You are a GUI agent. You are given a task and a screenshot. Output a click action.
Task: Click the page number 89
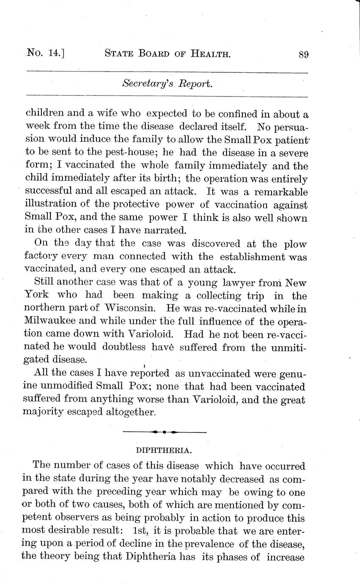(303, 55)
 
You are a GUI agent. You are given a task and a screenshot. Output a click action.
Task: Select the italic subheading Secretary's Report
(167, 84)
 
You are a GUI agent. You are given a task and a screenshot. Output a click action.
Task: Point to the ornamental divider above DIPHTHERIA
(164, 432)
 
